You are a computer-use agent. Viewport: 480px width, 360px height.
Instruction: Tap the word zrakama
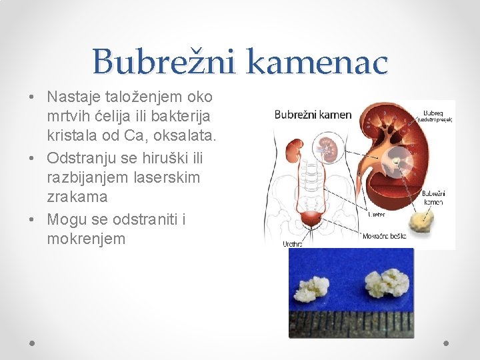point(77,197)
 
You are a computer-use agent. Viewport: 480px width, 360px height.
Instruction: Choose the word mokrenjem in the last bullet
point(86,238)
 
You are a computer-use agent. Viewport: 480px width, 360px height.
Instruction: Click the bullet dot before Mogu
point(32,219)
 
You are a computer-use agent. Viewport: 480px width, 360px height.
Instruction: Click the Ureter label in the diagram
point(376,215)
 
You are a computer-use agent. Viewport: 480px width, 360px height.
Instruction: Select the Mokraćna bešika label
point(384,236)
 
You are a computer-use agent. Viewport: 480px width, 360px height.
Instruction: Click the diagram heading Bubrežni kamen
point(313,115)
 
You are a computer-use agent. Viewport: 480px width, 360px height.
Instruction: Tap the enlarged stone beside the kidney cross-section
point(421,220)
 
